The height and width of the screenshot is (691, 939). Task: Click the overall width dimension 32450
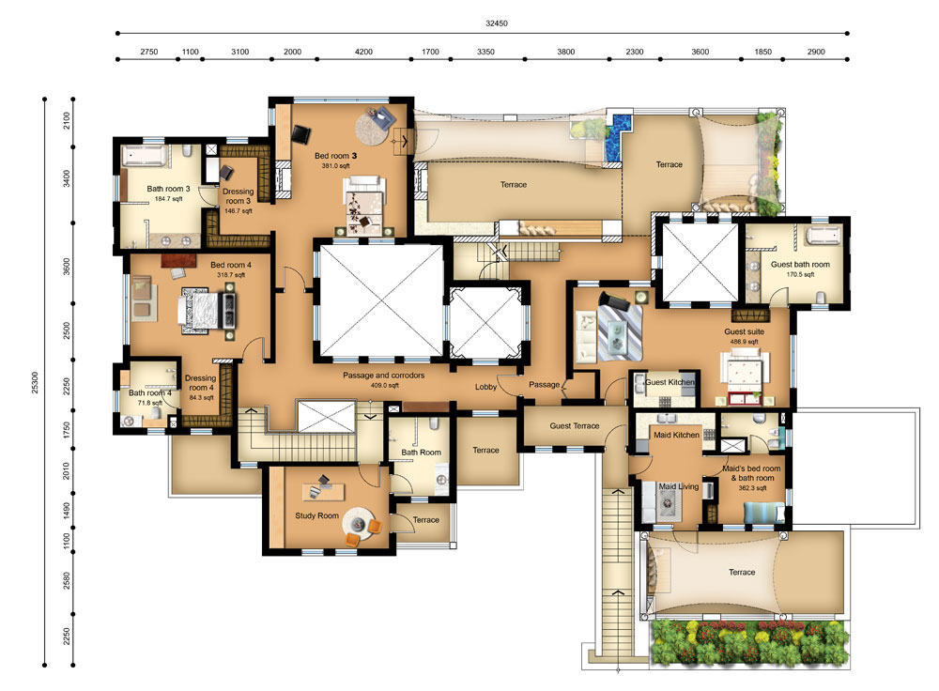497,23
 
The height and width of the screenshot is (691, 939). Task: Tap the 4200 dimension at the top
363,52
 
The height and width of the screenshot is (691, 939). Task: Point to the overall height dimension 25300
35,383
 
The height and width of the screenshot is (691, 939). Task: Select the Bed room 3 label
335,156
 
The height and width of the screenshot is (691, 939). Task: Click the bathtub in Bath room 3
144,156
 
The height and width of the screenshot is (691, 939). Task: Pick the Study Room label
316,515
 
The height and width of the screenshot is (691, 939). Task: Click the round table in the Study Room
358,523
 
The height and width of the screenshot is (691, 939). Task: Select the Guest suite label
744,331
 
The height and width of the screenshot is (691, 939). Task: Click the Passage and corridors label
383,376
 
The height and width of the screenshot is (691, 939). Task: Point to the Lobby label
485,387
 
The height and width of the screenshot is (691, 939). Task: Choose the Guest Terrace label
575,425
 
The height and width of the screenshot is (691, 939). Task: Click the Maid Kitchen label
676,435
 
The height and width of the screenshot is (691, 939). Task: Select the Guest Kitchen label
670,382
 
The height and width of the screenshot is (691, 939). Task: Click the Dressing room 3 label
238,196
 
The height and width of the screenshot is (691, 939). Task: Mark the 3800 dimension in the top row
566,52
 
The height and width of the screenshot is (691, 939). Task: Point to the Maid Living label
679,486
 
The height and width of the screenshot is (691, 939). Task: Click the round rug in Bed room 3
376,127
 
